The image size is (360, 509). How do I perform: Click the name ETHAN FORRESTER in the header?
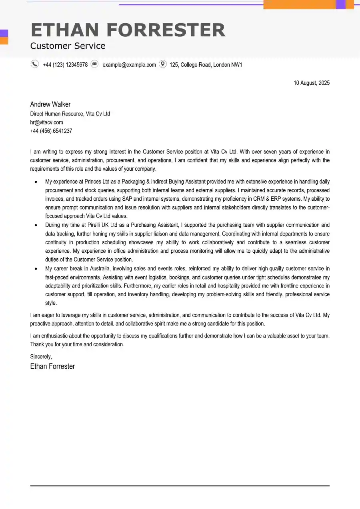click(x=128, y=30)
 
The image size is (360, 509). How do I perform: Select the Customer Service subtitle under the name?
click(x=68, y=46)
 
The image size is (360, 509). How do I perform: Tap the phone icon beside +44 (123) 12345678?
click(x=35, y=64)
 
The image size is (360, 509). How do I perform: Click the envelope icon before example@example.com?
click(x=94, y=64)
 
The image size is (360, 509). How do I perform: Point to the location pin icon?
click(x=162, y=64)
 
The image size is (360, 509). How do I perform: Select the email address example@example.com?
click(x=129, y=65)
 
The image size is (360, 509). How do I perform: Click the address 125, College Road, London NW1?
click(x=206, y=65)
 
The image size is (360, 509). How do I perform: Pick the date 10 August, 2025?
click(x=312, y=83)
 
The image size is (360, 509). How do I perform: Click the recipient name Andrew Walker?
click(x=50, y=104)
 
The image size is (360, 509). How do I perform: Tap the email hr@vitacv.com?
click(x=46, y=122)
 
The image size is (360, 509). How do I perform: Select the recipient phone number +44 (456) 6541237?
click(x=51, y=131)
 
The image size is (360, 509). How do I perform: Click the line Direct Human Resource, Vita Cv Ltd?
click(x=70, y=114)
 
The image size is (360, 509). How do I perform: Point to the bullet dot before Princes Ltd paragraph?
click(x=36, y=182)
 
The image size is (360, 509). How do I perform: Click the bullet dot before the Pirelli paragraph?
click(x=36, y=225)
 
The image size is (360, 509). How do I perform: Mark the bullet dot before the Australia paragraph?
click(x=36, y=269)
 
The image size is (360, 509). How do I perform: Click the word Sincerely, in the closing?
click(x=41, y=356)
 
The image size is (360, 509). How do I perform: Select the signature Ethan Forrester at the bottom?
click(x=52, y=366)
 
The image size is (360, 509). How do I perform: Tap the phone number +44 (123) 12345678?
click(x=65, y=65)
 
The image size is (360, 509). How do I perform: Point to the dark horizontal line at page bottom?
click(x=180, y=486)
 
